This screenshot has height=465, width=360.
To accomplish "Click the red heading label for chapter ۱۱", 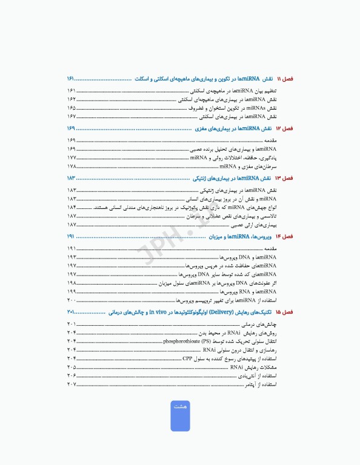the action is [x=284, y=79].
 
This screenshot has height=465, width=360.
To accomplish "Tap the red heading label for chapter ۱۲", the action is [x=284, y=129].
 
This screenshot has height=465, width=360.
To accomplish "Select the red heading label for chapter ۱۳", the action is [x=284, y=179].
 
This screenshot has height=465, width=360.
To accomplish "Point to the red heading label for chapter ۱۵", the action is [x=284, y=312].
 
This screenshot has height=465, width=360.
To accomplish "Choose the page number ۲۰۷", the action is [x=72, y=384].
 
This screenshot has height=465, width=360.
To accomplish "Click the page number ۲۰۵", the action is [x=72, y=367].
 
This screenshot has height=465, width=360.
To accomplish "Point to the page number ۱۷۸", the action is [x=72, y=166].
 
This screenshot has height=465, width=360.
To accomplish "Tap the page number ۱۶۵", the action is [x=72, y=107].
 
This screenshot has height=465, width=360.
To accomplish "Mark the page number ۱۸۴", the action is [x=72, y=207].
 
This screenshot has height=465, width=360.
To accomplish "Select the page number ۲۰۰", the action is [x=72, y=300].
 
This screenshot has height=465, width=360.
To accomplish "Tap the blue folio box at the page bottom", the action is [x=180, y=415].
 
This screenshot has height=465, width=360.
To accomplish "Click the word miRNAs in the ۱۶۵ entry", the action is [x=225, y=107].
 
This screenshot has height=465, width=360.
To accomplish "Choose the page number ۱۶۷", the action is [x=72, y=116].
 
